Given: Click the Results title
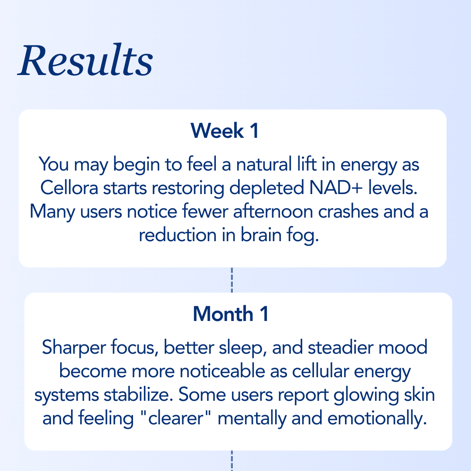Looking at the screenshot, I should tap(85, 61).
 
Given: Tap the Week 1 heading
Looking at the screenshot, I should tap(225, 131).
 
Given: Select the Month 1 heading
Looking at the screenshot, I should tap(231, 314).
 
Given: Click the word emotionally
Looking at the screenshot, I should tap(376, 419).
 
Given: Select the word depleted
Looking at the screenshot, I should tap(266, 188).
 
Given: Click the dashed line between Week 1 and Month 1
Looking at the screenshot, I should tap(232, 280).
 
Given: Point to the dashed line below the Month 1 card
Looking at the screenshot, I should tap(232, 461).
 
